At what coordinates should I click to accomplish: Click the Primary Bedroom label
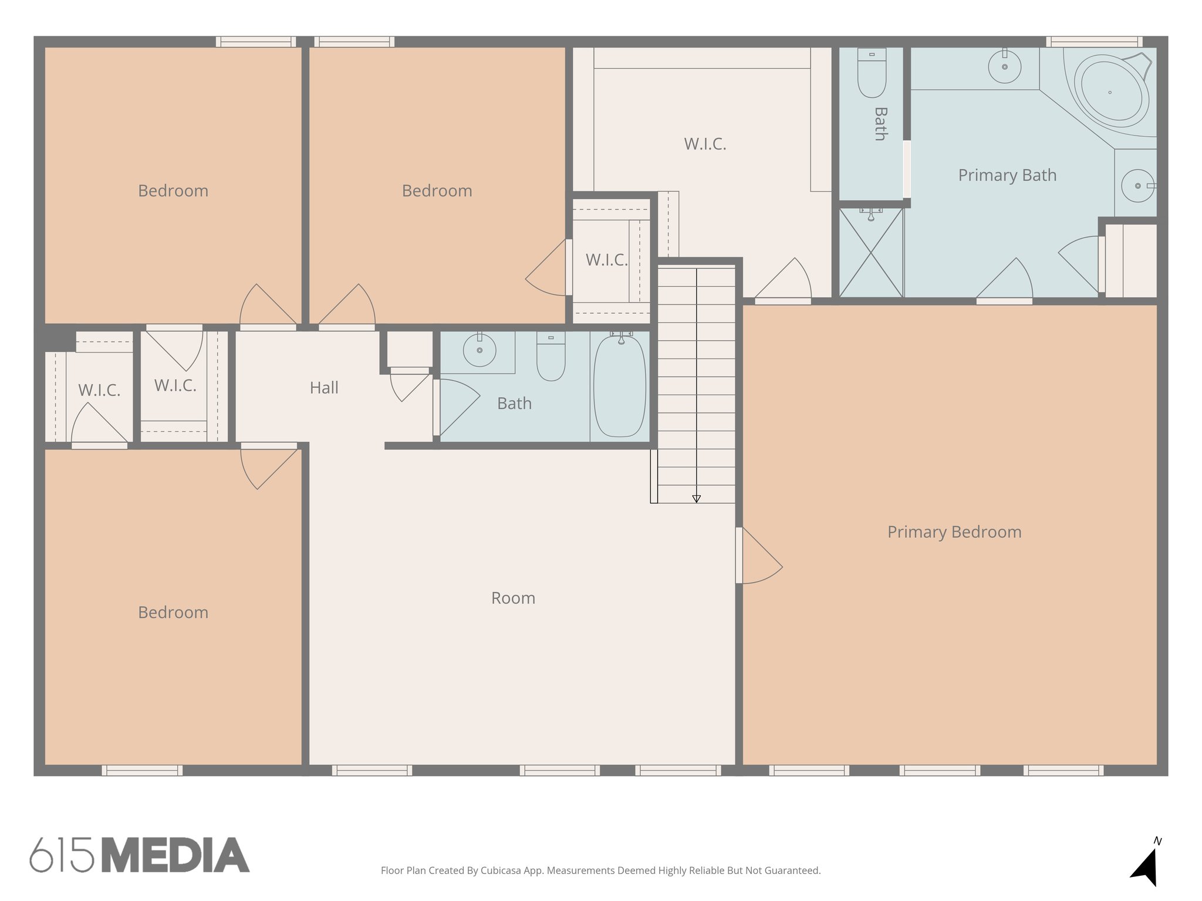(x=954, y=532)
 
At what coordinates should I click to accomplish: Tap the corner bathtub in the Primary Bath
(x=1111, y=92)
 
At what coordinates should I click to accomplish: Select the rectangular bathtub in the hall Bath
(x=620, y=387)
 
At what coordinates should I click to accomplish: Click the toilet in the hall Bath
(x=551, y=358)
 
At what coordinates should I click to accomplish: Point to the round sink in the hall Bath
(x=480, y=350)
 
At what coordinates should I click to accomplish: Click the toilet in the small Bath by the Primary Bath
(x=872, y=73)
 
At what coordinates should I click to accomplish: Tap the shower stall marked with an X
(x=871, y=253)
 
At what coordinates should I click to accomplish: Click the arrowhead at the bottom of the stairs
(x=696, y=499)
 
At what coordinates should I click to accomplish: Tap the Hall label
(x=324, y=388)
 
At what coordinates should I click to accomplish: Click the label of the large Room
(x=513, y=598)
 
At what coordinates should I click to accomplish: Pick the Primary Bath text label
(x=1007, y=175)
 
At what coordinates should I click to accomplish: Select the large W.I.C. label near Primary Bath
(x=705, y=144)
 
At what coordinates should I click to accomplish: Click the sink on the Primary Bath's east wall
(x=1137, y=186)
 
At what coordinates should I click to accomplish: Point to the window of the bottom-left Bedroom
(x=142, y=770)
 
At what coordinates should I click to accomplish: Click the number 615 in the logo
(x=62, y=855)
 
